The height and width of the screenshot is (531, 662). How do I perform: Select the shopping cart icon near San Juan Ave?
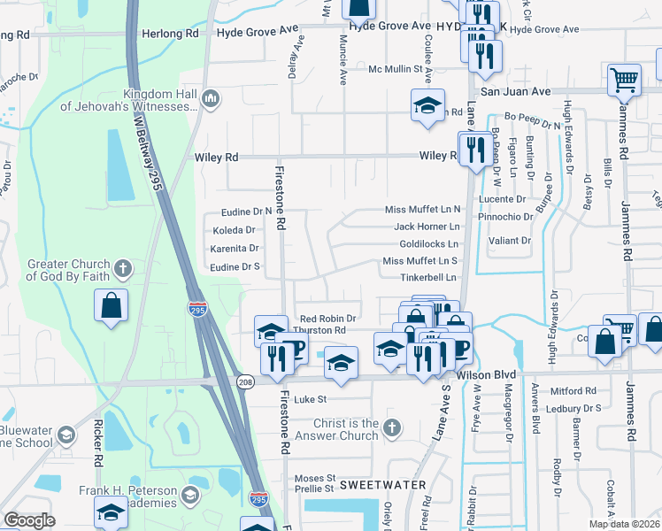(624, 81)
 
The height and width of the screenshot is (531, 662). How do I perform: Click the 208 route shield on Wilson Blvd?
(245, 381)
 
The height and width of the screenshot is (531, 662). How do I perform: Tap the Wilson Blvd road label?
(486, 374)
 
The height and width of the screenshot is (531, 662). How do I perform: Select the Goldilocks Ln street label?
(429, 243)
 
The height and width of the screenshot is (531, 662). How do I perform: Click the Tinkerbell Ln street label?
(428, 277)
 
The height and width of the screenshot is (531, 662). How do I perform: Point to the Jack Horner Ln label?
(427, 227)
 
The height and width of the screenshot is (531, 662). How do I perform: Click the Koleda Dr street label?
(233, 230)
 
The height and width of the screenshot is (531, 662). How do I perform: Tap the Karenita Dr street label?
(235, 249)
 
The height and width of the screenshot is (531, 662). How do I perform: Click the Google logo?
(29, 519)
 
